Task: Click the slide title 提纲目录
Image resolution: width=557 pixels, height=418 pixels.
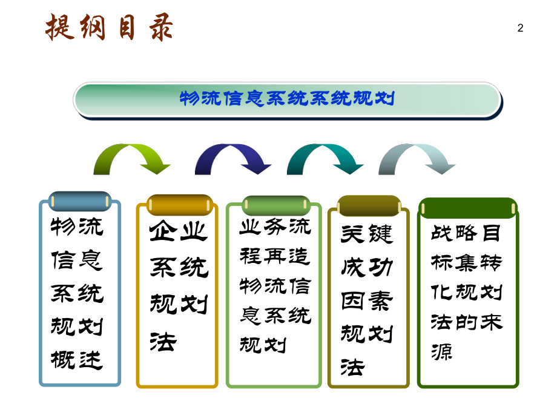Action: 110,28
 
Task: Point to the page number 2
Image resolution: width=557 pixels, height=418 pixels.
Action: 520,28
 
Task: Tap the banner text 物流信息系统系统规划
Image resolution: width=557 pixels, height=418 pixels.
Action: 288,98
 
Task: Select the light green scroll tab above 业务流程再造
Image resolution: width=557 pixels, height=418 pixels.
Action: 276,205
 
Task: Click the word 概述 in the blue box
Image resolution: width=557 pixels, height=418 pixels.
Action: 77,360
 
